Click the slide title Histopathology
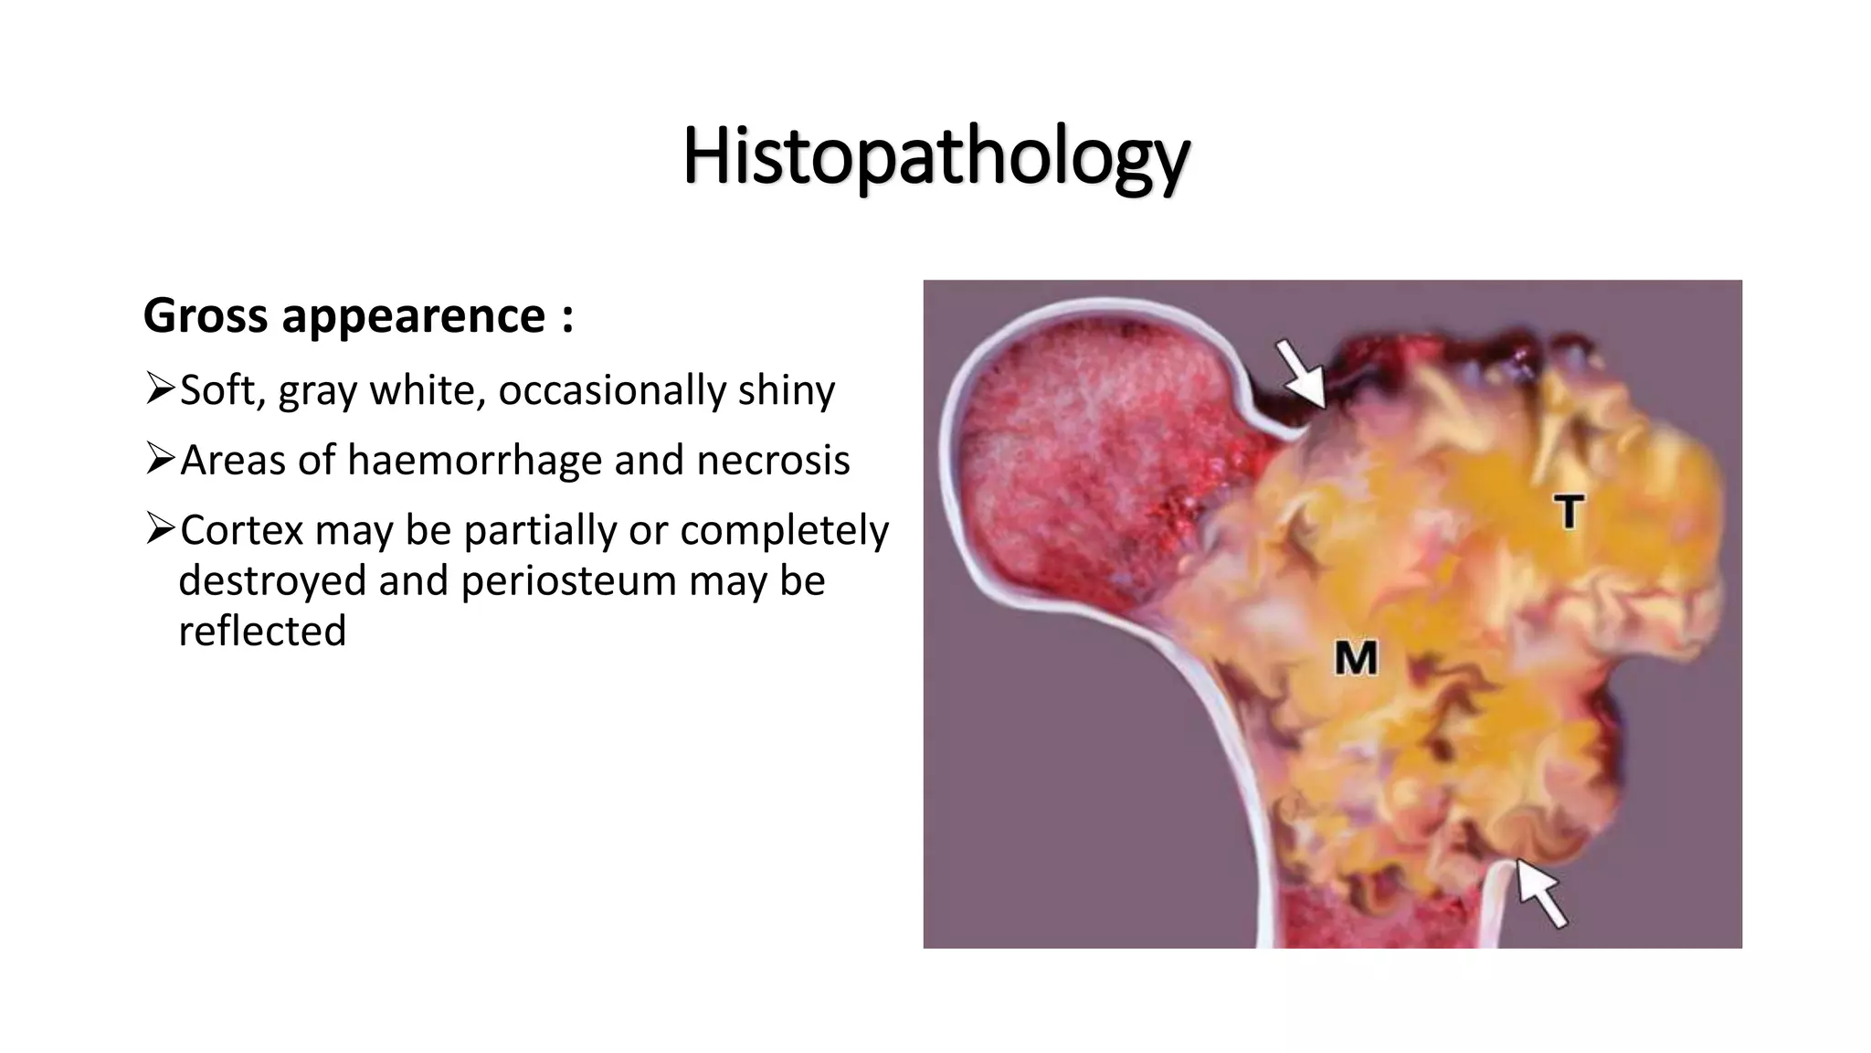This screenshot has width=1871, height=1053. click(935, 157)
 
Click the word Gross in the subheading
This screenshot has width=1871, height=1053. click(205, 316)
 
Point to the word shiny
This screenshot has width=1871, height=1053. click(787, 391)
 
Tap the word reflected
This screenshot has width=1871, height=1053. click(262, 632)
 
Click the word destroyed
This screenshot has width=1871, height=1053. click(272, 581)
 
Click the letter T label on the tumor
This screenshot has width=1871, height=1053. click(1569, 511)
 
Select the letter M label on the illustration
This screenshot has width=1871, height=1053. click(1356, 658)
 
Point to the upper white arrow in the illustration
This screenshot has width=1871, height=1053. click(1301, 372)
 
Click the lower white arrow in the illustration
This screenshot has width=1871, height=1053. click(1542, 893)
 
